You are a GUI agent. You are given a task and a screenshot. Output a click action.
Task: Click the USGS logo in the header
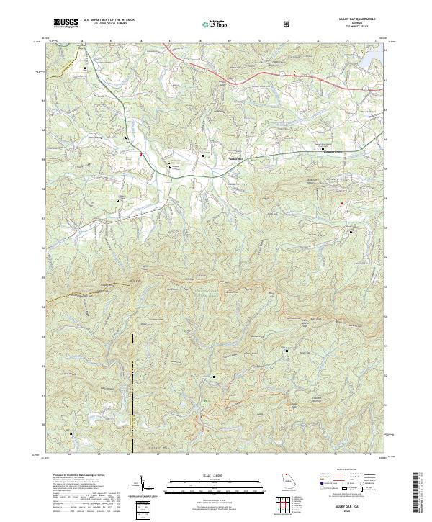coord(66,23)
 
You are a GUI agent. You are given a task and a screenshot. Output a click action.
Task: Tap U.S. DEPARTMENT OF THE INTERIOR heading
coord(109,20)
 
